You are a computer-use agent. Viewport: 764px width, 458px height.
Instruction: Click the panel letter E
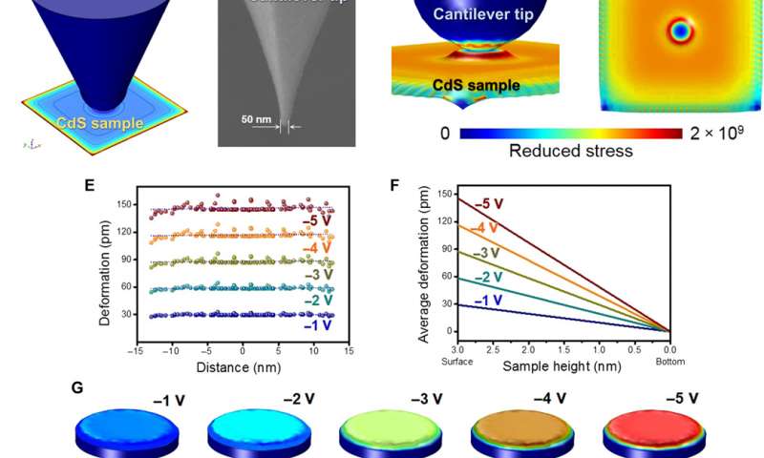pos(89,186)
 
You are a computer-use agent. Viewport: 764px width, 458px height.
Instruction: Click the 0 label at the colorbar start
pos(445,134)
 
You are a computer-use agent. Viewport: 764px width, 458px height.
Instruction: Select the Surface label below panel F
pos(459,362)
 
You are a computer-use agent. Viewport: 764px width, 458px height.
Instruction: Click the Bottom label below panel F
pos(671,362)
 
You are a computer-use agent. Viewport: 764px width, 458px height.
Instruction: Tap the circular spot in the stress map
pos(680,31)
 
